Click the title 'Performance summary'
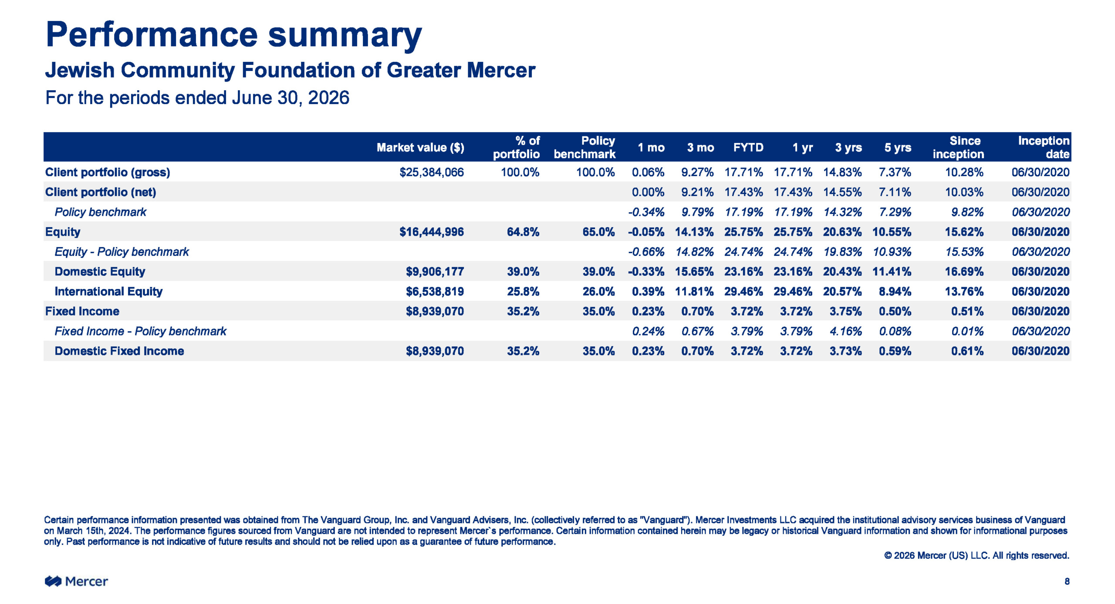(233, 35)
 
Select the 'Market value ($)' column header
(420, 148)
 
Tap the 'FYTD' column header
(748, 147)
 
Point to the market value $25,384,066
(432, 172)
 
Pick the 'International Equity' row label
(108, 292)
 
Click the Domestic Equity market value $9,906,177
(435, 271)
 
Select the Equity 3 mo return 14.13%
(694, 232)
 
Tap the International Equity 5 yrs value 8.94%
(895, 292)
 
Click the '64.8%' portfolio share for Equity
(523, 232)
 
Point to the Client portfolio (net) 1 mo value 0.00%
(648, 192)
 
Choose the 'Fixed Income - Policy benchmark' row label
(140, 331)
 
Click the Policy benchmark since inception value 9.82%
(967, 212)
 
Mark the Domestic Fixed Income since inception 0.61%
(967, 351)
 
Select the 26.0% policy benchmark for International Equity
(598, 292)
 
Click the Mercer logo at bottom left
(76, 581)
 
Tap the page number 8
(1067, 581)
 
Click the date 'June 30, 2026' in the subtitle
(291, 98)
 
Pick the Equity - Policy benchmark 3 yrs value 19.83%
(842, 252)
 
